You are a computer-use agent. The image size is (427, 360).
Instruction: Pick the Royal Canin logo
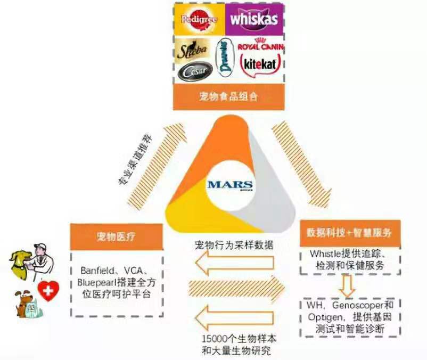pos(260,46)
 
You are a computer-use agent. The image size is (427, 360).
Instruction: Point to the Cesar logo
pos(191,71)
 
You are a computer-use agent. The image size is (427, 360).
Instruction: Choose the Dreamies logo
pos(223,58)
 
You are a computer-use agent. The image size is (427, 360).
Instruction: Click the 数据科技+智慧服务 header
pos(349,233)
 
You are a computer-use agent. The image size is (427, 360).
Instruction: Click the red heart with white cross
pos(48,291)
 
